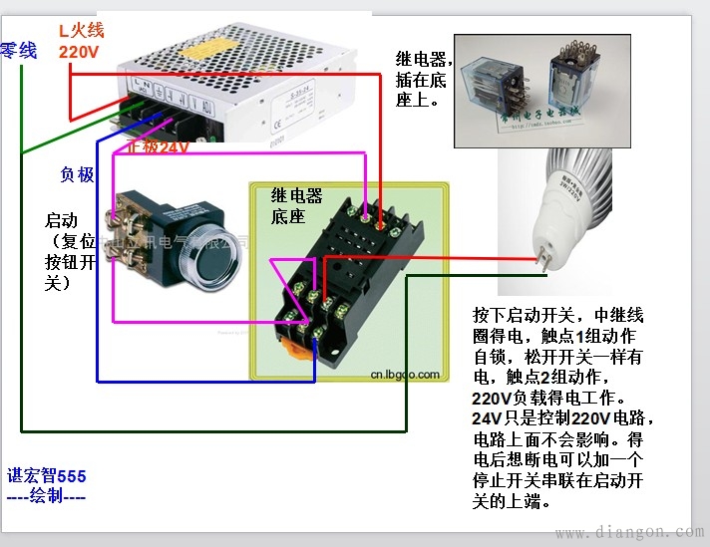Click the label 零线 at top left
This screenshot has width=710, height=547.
(19, 50)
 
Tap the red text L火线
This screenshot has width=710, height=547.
(81, 30)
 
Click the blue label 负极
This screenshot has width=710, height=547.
(77, 175)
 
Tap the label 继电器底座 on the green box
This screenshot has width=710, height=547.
(297, 205)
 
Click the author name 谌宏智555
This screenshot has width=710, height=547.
(47, 475)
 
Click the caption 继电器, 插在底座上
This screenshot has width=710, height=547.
(424, 79)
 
